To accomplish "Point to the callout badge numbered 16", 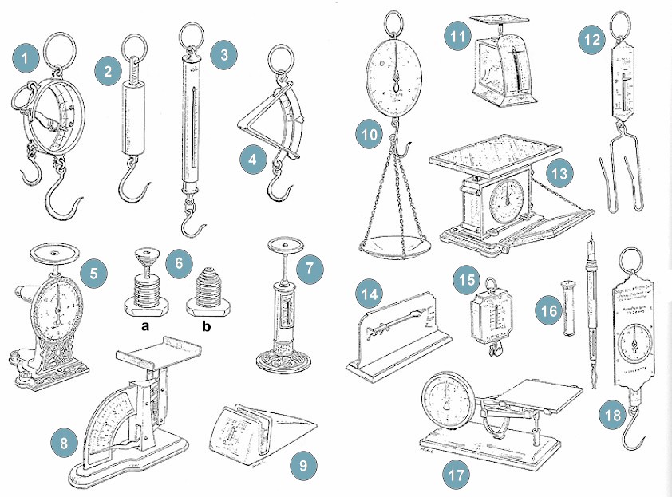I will (x=549, y=310).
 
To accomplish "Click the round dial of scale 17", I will (x=445, y=396).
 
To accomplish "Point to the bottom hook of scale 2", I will (x=132, y=188).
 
